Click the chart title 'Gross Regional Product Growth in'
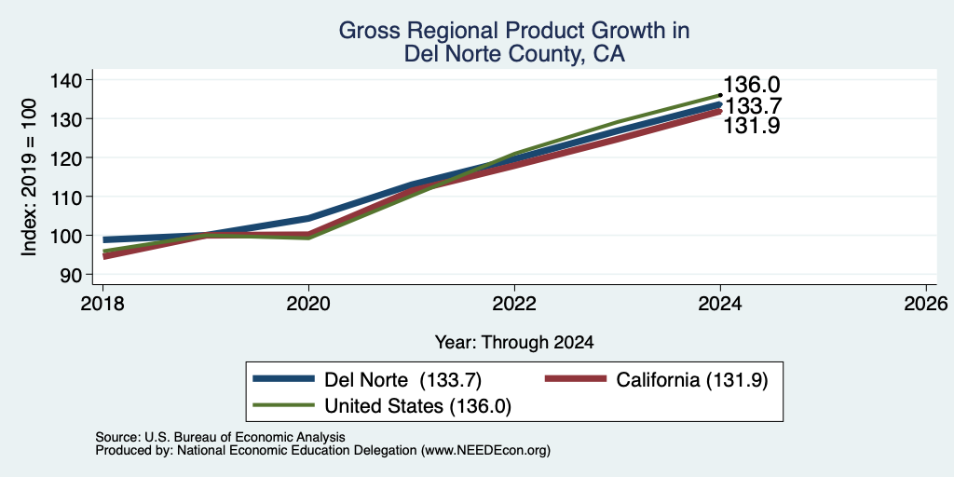(514, 31)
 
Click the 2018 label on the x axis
(102, 303)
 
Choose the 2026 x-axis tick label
(926, 303)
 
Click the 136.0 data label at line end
(752, 85)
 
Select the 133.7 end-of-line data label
(752, 106)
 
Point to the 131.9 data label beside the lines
(752, 126)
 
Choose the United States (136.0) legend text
(418, 406)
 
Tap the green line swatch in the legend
(283, 404)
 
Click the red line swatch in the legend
(576, 378)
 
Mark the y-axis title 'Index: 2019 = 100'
(29, 177)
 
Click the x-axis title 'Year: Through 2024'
(514, 343)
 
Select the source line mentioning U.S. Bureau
(220, 437)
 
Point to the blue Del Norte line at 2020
(308, 218)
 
